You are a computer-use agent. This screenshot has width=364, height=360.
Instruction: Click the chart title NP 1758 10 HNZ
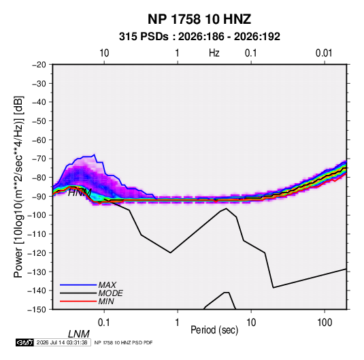[x=199, y=19]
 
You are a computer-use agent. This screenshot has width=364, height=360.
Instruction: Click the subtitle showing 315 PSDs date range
[x=199, y=37]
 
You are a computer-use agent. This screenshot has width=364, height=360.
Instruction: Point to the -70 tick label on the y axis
[x=39, y=159]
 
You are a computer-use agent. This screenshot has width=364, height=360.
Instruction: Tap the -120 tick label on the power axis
[x=37, y=253]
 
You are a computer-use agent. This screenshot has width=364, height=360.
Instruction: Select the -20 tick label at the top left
[x=39, y=65]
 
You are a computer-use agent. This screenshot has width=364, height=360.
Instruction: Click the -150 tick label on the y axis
[x=37, y=310]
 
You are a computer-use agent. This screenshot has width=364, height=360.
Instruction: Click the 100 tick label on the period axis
[x=325, y=323]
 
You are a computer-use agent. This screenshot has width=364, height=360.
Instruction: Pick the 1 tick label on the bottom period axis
[x=178, y=323]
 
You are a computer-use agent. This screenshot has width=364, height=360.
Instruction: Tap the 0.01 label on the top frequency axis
[x=324, y=53]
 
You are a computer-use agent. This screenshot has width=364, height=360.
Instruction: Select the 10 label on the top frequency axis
[x=104, y=53]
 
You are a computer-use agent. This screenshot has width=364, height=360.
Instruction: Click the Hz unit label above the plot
[x=214, y=53]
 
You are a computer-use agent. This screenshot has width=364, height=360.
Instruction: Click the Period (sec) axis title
[x=214, y=330]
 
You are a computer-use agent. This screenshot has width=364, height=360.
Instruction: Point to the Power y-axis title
[x=18, y=186]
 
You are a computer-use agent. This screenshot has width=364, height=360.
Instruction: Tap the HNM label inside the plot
[x=80, y=193]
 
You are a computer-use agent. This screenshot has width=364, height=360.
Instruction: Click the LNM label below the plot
[x=79, y=334]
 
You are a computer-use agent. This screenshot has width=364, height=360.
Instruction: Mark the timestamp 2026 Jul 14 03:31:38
[x=62, y=342]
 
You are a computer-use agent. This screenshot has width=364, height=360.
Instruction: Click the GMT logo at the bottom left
[x=25, y=342]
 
